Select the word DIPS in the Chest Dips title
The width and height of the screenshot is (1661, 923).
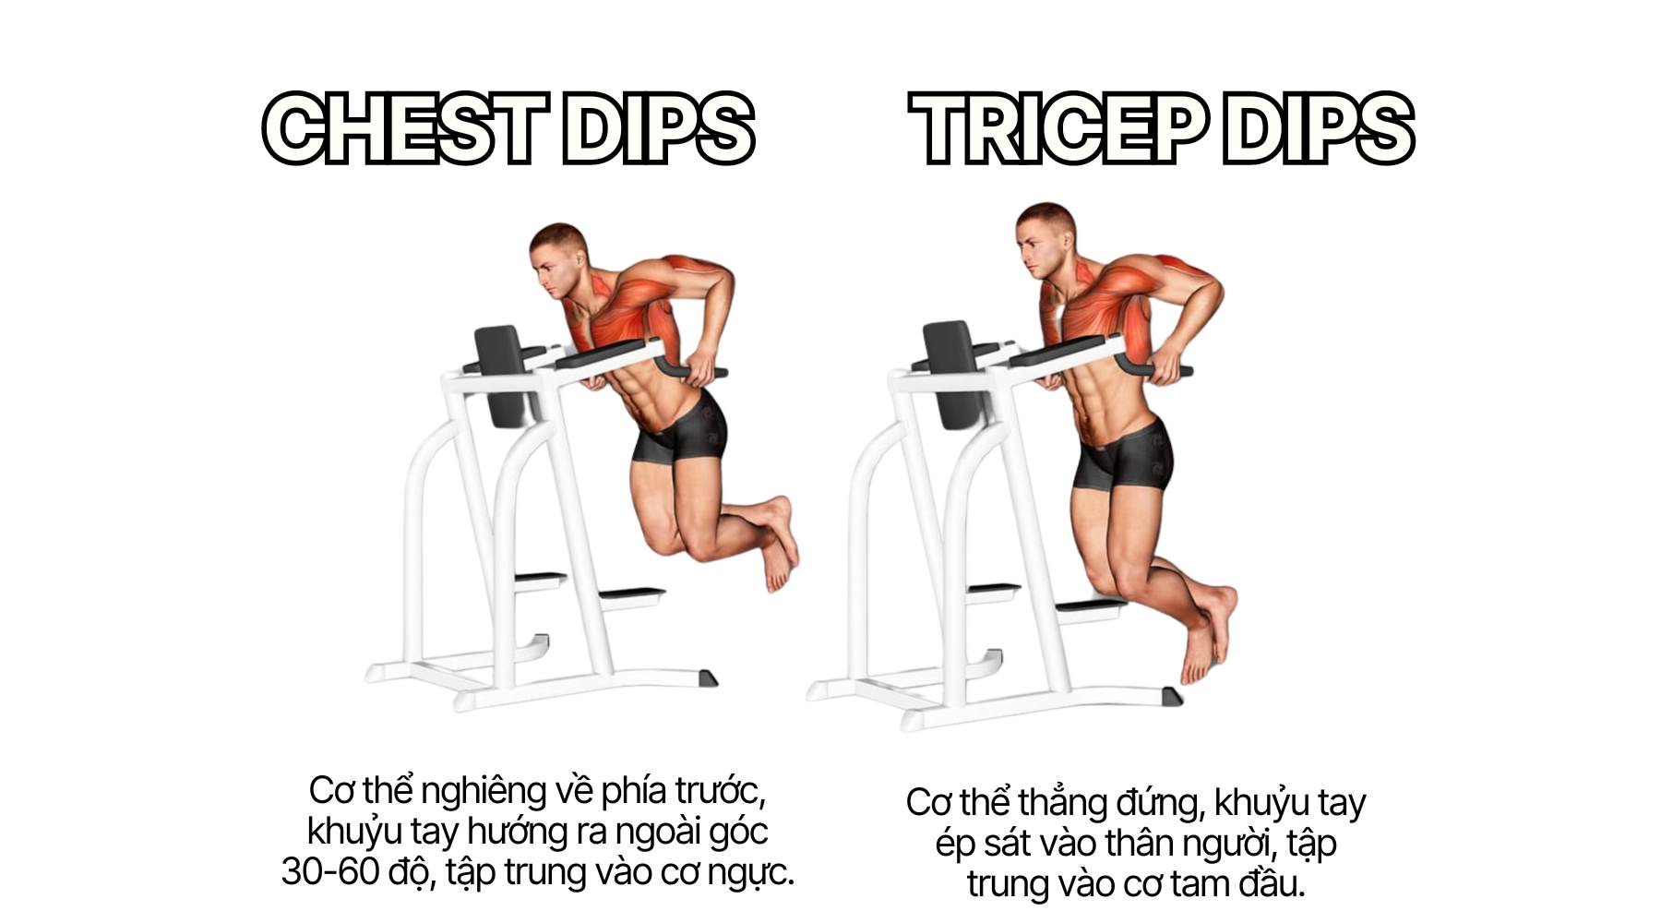click(x=659, y=128)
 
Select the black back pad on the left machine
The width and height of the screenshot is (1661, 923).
click(x=503, y=374)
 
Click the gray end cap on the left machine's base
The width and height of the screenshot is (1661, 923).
click(x=707, y=678)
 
